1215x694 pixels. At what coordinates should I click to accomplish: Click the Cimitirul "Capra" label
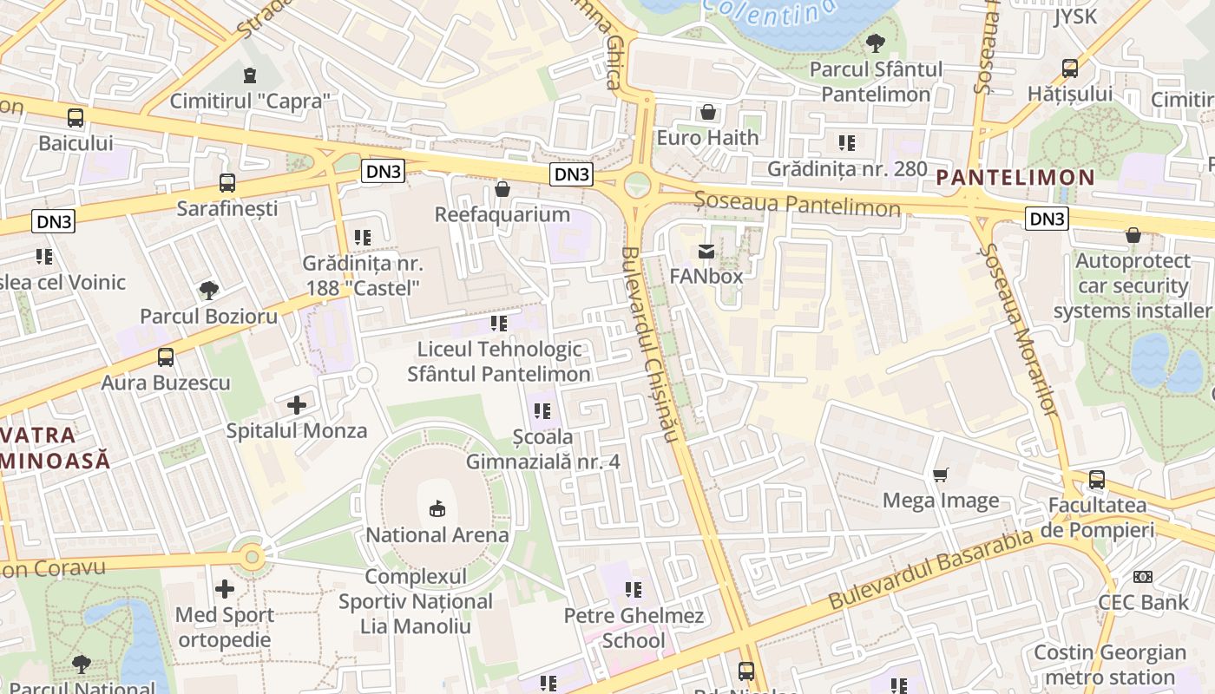[250, 101]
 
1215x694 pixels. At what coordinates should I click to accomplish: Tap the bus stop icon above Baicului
[76, 118]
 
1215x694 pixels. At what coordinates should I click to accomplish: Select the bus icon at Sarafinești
[227, 183]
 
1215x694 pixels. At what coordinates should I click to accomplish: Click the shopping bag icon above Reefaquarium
[502, 189]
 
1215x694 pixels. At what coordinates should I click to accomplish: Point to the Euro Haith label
[707, 137]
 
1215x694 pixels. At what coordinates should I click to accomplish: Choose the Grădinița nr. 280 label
[847, 168]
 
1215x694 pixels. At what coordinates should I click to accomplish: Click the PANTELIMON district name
[1015, 178]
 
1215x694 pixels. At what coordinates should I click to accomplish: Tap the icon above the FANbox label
[706, 252]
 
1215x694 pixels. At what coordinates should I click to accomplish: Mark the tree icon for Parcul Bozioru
[208, 291]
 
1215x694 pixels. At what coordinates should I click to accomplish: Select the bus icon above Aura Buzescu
[166, 357]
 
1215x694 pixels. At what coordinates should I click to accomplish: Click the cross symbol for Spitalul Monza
[297, 405]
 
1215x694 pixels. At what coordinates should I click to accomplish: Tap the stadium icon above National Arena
[437, 508]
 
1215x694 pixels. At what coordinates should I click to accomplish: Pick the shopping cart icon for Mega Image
[940, 475]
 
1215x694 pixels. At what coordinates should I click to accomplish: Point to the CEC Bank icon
[1143, 577]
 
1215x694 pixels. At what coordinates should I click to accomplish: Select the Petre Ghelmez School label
[634, 628]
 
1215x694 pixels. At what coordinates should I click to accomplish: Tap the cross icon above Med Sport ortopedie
[225, 590]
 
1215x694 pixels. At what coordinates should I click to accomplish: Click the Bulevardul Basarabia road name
[933, 567]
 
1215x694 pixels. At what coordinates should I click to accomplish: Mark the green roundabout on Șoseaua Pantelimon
[638, 184]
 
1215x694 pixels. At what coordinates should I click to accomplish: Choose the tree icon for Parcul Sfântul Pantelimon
[876, 43]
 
